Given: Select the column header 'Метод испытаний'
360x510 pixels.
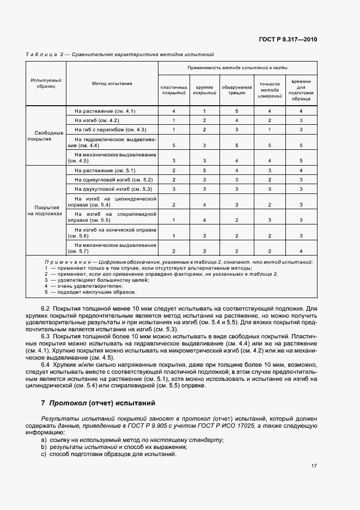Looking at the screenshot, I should pyautogui.click(x=112, y=83).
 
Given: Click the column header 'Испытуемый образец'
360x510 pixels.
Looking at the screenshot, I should pyautogui.click(x=46, y=83).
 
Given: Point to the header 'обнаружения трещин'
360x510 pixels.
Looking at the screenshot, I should pyautogui.click(x=237, y=90).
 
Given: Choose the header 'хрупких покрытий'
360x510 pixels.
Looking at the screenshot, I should pyautogui.click(x=205, y=90).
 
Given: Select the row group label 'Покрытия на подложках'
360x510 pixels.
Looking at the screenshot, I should pyautogui.click(x=46, y=210).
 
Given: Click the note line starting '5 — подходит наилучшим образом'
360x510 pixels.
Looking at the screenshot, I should pyautogui.click(x=90, y=292).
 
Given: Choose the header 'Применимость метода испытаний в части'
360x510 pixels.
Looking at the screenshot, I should pyautogui.click(x=237, y=68).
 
